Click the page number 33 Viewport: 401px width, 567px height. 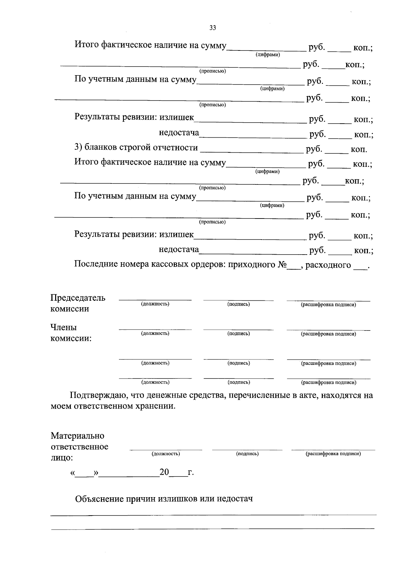(x=213, y=28)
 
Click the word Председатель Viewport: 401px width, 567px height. (x=78, y=298)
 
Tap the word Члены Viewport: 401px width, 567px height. (x=63, y=327)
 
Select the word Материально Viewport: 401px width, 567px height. (x=78, y=436)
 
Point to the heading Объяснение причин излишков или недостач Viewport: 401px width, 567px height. (x=164, y=499)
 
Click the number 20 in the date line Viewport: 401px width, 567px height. (x=164, y=472)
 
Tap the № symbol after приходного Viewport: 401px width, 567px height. (x=282, y=265)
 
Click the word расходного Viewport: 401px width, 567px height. (x=328, y=265)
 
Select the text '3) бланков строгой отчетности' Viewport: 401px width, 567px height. (x=136, y=147)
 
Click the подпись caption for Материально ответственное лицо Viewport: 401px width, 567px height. (x=247, y=454)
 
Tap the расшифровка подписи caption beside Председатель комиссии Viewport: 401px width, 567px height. (x=328, y=305)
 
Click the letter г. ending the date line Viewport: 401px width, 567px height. (x=190, y=473)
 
